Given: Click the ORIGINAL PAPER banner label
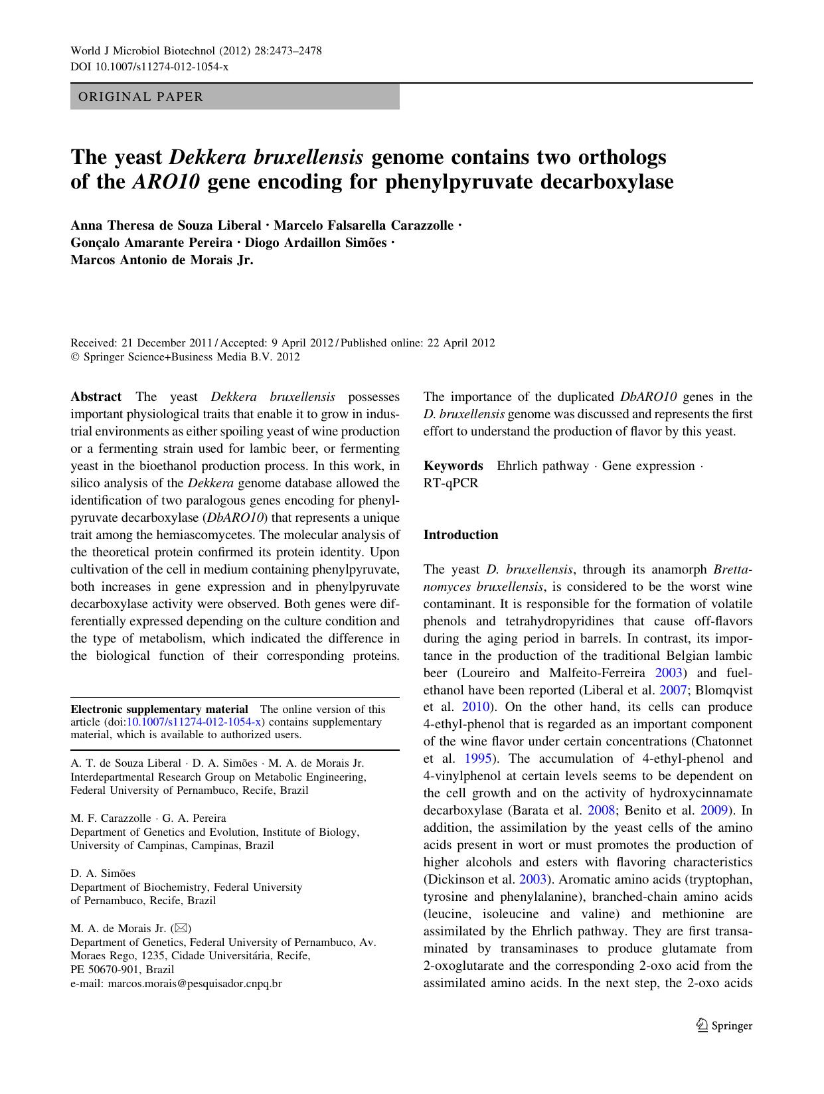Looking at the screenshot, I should tap(141, 97).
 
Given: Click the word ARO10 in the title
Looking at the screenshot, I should tap(166, 182).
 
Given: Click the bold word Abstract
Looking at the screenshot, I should tap(96, 397).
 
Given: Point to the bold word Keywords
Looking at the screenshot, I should tap(453, 466).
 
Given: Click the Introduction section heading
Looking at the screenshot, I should tap(461, 535).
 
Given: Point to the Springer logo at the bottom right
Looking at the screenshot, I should tap(724, 1026).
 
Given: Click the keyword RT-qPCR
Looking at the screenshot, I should tap(450, 483).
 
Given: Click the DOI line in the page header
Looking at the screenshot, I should tap(149, 67).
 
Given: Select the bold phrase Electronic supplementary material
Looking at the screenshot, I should tap(159, 709).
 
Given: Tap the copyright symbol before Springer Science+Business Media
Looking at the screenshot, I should tap(74, 357).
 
